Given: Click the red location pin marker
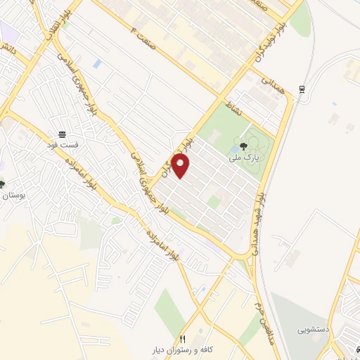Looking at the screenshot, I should click(x=181, y=166).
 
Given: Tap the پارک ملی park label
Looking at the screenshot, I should click(x=243, y=160).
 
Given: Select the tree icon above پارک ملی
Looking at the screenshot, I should click(x=243, y=146).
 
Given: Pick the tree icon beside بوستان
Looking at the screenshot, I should click(x=2, y=185).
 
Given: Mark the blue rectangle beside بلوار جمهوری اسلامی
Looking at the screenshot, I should click(x=97, y=64).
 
